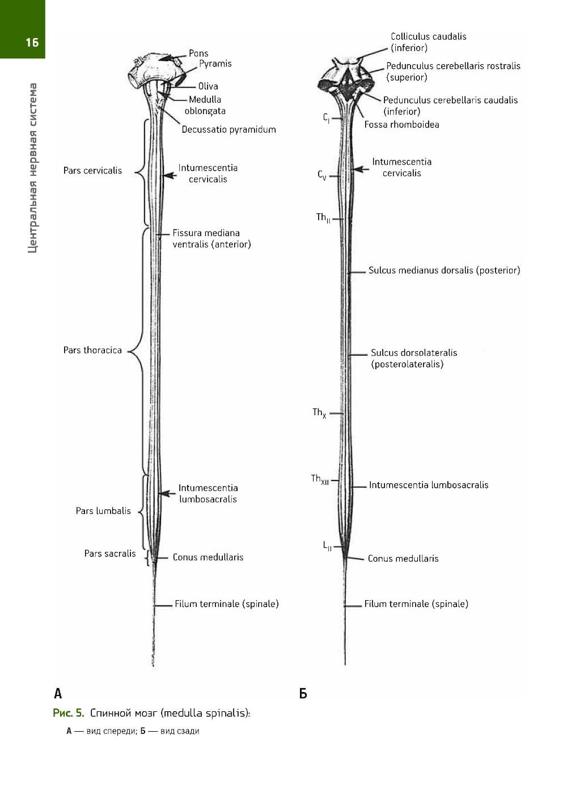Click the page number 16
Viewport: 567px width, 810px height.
coord(32,41)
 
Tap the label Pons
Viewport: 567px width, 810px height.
coord(198,53)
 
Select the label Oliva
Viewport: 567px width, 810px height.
coord(208,86)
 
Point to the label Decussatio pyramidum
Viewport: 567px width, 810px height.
coord(229,129)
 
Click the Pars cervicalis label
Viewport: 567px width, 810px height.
coord(92,170)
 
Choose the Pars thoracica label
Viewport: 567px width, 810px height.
coord(92,350)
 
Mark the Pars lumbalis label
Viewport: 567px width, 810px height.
coord(103,511)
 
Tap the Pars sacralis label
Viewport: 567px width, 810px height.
coord(110,553)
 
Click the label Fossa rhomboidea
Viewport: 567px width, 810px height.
coord(401,124)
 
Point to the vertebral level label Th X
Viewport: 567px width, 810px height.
coord(319,413)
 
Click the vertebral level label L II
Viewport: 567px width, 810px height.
coord(327,546)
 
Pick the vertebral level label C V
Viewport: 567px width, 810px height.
coord(321,175)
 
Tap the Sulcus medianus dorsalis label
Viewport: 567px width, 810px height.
coord(444,271)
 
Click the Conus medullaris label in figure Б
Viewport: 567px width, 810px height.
coord(403,558)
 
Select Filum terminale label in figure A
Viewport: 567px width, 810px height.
coord(226,604)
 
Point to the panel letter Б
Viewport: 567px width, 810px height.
coord(303,693)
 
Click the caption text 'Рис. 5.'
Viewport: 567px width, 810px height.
coord(68,713)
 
